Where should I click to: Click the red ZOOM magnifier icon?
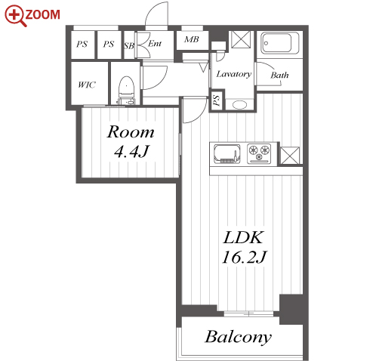(14, 16)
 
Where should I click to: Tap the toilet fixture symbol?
(126, 91)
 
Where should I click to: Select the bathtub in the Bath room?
(279, 43)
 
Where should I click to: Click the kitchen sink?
(227, 153)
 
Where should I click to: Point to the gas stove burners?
(259, 153)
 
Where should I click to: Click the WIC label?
(87, 85)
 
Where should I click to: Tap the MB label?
(192, 39)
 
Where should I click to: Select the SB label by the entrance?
(129, 46)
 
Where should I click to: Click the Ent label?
(155, 44)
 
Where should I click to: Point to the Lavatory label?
(234, 74)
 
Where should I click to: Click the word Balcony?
(238, 338)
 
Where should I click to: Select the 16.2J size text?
(244, 257)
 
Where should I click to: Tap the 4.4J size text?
(131, 151)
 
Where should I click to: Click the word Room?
(131, 131)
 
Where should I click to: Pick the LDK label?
(243, 237)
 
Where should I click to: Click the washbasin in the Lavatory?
(239, 105)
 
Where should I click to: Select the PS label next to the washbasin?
(217, 100)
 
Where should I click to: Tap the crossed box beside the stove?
(290, 156)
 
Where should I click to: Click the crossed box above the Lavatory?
(241, 39)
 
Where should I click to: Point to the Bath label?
(279, 75)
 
